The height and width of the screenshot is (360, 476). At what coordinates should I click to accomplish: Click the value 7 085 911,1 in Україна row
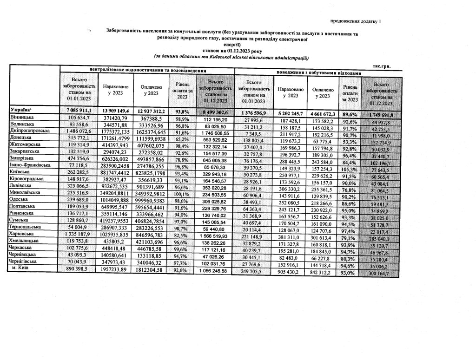click(79, 111)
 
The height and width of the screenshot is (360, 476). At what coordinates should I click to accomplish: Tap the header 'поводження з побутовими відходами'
click(318, 73)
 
